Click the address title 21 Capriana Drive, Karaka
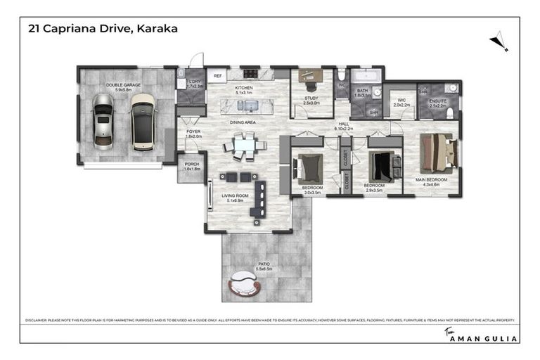point(103,29)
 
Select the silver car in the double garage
point(103,119)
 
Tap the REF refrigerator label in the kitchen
point(218,75)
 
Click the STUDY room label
point(311,98)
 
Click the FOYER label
point(193,132)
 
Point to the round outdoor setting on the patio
point(245,285)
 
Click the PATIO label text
point(264,265)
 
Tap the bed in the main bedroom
point(437,153)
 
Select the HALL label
point(344,123)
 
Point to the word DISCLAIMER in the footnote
point(36,320)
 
